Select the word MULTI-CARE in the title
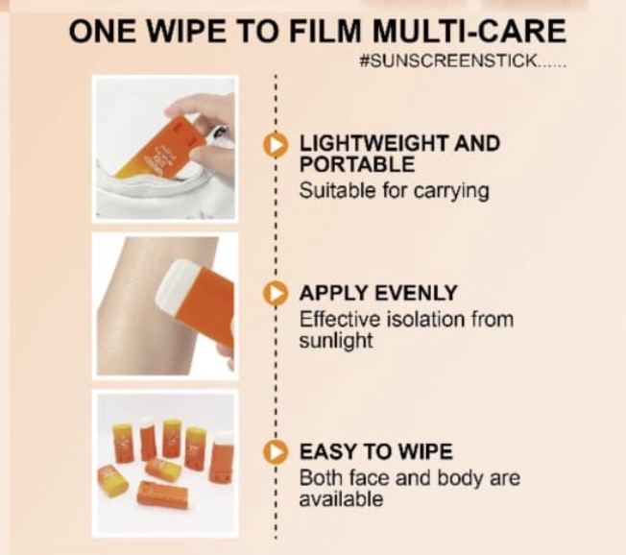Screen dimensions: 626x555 469,31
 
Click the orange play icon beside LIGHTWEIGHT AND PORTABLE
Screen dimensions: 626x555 275,145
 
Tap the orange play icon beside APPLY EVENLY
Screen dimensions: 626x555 275,294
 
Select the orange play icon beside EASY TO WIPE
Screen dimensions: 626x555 275,452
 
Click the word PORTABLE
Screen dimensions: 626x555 357,164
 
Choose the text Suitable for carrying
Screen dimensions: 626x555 394,191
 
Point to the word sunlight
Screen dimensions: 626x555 336,342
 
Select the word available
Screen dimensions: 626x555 342,499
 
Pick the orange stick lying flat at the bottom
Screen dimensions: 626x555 161,495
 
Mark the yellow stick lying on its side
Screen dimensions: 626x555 113,481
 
